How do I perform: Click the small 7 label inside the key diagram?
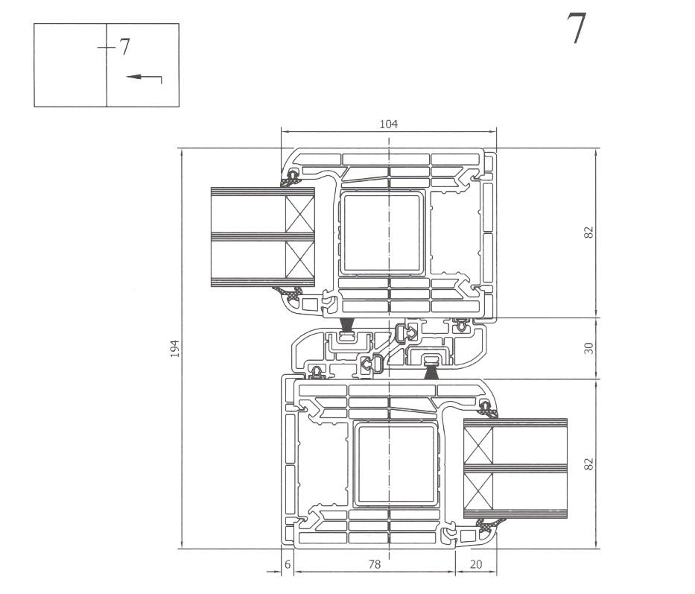click(124, 48)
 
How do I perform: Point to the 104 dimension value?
click(388, 124)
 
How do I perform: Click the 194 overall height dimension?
click(174, 348)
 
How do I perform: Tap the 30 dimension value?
click(588, 348)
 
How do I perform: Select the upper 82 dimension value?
click(588, 232)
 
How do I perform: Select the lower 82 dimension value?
click(588, 464)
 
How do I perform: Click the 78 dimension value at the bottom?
click(374, 565)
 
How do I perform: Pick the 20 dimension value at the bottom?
click(475, 565)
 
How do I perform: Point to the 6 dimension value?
click(288, 565)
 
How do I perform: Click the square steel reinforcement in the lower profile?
click(394, 464)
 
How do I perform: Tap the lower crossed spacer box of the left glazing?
click(300, 260)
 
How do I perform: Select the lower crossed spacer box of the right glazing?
click(477, 492)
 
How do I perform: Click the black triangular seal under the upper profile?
click(346, 324)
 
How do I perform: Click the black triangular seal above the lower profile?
click(431, 372)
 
